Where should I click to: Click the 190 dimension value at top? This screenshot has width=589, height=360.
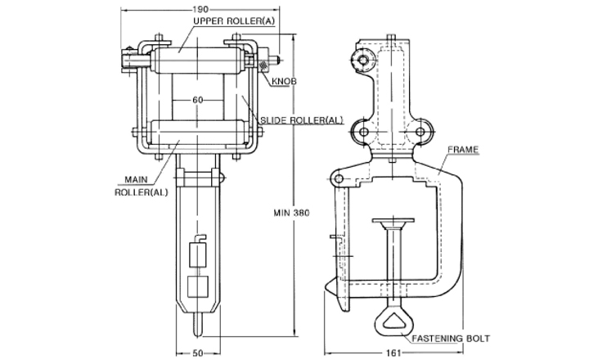(200, 9)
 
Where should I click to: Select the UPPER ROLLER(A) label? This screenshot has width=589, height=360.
(234, 20)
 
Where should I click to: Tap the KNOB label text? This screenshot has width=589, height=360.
(284, 81)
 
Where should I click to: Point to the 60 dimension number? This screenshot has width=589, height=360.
(198, 100)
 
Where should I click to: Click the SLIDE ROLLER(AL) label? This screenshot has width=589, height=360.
(302, 120)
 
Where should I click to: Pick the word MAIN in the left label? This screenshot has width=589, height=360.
(136, 180)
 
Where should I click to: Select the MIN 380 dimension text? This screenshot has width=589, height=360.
(291, 213)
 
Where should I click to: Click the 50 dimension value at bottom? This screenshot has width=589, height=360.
(198, 353)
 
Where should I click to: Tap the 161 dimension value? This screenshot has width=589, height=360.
(393, 353)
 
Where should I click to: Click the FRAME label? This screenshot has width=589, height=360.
(463, 150)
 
